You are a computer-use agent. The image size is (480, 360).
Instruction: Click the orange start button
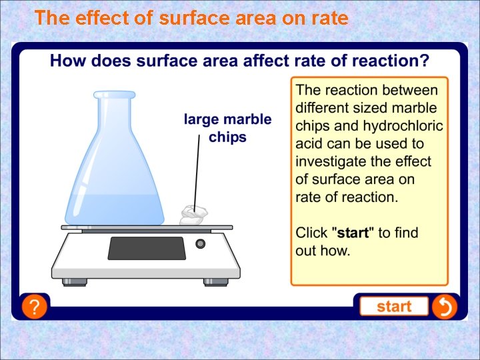point(394,307)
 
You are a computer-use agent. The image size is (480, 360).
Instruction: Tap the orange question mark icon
point(35,307)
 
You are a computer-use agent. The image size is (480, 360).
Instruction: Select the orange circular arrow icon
point(444,307)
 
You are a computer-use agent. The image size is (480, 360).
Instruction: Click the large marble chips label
point(227,128)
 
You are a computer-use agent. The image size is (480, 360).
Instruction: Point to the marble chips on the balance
point(193,215)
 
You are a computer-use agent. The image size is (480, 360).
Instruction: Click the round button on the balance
point(200,244)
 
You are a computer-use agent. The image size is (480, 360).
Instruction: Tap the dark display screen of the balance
point(147,248)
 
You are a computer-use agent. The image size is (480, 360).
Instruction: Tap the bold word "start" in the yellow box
point(354,233)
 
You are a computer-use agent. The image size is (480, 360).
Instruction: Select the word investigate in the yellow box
point(330,162)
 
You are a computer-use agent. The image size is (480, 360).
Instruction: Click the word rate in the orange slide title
point(327,18)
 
